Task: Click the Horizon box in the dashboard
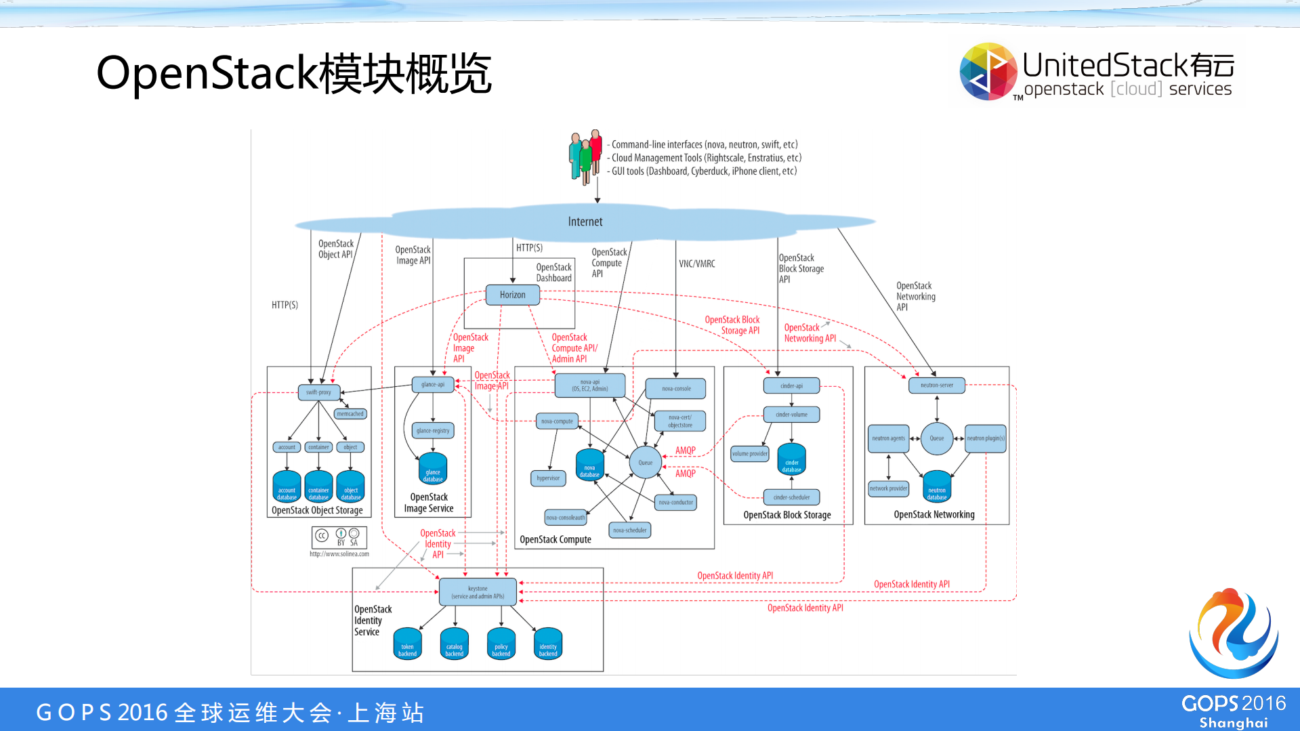[x=513, y=295]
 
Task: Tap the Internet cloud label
[x=585, y=222]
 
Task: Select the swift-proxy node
[x=318, y=392]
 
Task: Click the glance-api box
[x=433, y=385]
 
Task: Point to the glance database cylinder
[x=433, y=469]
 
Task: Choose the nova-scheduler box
[x=630, y=530]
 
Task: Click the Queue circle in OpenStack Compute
[x=645, y=463]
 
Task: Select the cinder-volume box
[x=791, y=415]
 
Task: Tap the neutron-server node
[x=936, y=385]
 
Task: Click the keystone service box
[x=478, y=592]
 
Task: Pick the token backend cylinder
[x=407, y=644]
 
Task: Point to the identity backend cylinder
[x=548, y=644]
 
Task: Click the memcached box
[x=350, y=414]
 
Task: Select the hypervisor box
[x=548, y=478]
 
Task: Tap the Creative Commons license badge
[x=339, y=537]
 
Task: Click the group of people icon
[x=585, y=156]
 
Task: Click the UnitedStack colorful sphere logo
[x=988, y=72]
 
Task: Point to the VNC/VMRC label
[x=697, y=264]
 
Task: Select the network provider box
[x=888, y=488]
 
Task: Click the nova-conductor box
[x=676, y=503]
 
